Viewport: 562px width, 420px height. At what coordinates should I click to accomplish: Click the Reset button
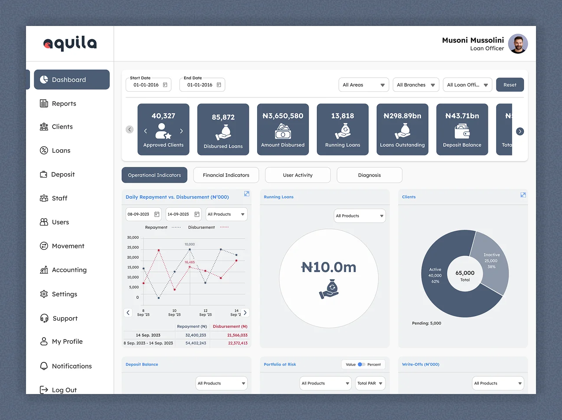coord(510,85)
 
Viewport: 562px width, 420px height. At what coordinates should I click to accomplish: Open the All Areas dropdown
coord(363,85)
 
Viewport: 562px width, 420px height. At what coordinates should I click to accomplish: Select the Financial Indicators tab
coord(226,175)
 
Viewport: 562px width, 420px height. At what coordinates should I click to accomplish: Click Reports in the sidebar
coord(64,103)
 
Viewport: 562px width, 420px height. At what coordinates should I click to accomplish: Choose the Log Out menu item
coord(64,390)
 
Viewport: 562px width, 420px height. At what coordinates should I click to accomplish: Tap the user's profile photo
coord(518,44)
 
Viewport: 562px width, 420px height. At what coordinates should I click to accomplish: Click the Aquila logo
coord(70,43)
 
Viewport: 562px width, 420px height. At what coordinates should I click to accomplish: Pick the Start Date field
coord(148,85)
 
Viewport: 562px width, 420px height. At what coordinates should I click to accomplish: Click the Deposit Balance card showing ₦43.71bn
coord(462,129)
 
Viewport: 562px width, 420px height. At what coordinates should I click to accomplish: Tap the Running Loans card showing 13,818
coord(343,129)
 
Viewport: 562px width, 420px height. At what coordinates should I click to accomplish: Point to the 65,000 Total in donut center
coord(465,275)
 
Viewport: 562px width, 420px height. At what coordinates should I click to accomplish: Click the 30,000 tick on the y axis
coord(133,237)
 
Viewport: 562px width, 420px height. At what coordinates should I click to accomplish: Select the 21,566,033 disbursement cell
coord(237,335)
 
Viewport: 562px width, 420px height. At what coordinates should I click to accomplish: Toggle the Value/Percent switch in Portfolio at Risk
coord(361,365)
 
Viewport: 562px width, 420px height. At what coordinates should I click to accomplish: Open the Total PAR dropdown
coord(370,383)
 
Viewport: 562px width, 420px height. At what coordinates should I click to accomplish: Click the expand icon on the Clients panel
coord(523,195)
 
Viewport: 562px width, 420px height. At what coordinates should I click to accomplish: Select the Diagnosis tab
coord(369,175)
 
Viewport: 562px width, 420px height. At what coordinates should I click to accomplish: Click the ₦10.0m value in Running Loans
coord(329,267)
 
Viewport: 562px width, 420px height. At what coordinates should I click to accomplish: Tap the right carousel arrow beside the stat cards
coord(520,131)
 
